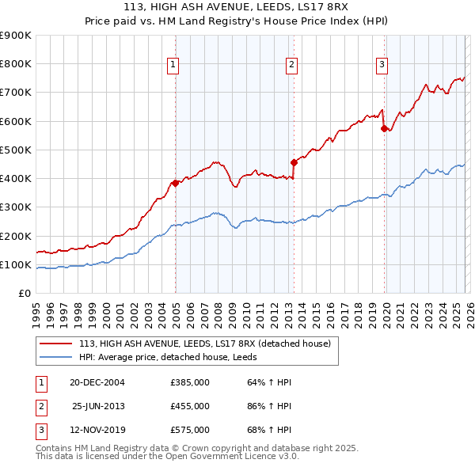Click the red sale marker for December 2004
pos(175,183)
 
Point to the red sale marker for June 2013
pos(294,162)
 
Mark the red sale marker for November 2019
pos(384,128)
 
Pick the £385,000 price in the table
pos(190,382)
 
